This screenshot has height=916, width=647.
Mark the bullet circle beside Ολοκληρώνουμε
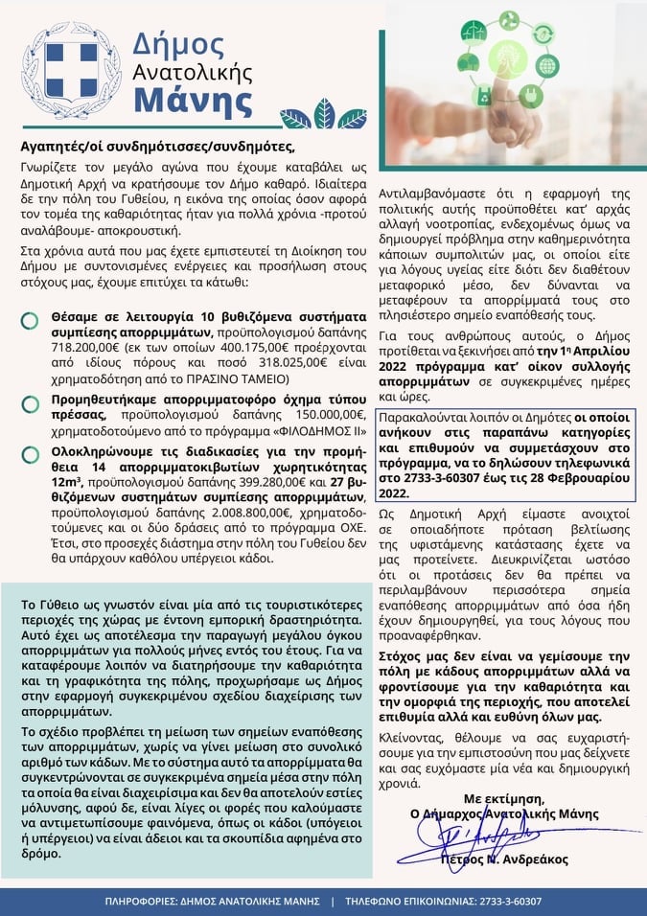click(30, 450)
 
